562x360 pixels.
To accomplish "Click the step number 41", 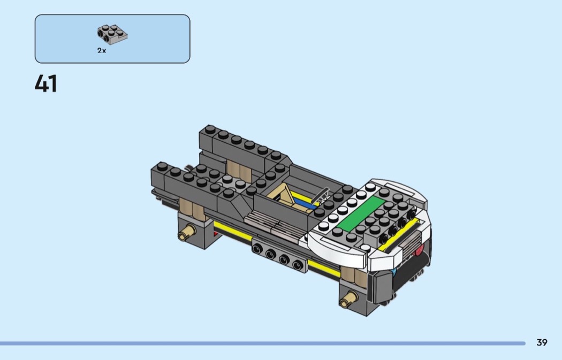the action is (45, 83).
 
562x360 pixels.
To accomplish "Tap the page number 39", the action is (542, 342).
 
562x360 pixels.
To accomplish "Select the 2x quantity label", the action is (102, 50).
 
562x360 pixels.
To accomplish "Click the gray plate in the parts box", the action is (112, 34).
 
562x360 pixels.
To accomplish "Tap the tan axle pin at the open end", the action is (187, 232).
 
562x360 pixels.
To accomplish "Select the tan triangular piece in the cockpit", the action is (284, 195).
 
